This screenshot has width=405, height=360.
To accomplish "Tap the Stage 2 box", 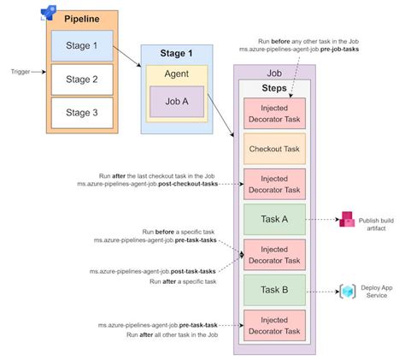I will coord(81,80).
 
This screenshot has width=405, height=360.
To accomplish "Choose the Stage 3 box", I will coord(81,112).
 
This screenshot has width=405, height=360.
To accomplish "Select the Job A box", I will coord(178,101).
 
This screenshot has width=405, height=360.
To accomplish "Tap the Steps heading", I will coord(274,87).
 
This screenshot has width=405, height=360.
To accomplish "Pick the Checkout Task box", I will coord(274,149).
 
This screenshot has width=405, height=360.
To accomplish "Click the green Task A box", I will coord(274,219).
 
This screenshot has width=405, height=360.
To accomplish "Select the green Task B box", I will coord(274,290).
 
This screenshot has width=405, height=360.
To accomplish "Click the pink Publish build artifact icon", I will coord(348,220).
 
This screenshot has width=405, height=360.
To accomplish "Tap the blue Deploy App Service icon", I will coord(348,292).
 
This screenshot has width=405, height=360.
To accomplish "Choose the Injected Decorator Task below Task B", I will coord(274,326).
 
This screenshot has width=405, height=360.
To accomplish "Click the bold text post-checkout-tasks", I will coord(191,183).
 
